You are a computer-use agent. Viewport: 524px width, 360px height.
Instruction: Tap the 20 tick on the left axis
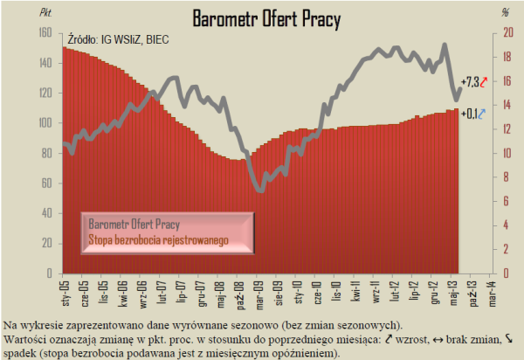pos(47,243)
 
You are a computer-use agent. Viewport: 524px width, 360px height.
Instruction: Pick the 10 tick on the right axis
pos(504,153)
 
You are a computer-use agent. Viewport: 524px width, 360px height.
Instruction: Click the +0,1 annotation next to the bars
pos(468,113)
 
